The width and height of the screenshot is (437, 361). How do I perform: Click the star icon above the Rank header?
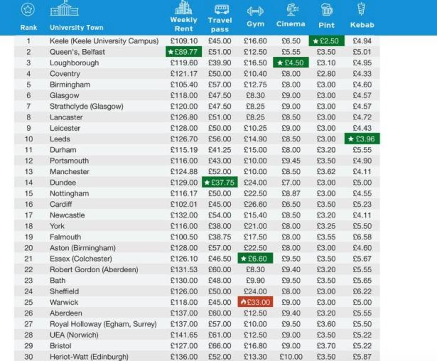tap(28, 9)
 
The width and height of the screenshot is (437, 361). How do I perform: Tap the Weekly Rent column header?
tap(184, 24)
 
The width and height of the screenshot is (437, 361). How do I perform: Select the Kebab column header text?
tap(362, 25)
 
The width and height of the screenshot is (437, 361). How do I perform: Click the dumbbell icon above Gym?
tap(255, 11)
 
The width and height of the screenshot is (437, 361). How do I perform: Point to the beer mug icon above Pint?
tap(326, 10)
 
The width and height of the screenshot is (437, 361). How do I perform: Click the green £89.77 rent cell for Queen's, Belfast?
tap(184, 52)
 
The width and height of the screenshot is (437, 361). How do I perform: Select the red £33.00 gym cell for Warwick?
tap(255, 302)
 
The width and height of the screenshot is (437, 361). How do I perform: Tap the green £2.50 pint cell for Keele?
tap(326, 41)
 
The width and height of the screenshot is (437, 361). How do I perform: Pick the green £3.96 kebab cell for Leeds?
tap(362, 139)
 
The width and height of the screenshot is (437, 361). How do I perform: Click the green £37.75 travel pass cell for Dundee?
tap(220, 183)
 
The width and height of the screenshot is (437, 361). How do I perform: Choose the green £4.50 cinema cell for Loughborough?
tap(291, 63)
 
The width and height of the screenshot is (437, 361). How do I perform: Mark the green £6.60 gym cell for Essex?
tap(255, 259)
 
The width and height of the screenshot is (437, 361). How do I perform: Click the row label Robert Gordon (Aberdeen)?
tap(94, 270)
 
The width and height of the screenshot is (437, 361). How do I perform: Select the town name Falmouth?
tap(65, 237)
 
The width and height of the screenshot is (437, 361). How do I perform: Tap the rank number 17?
tap(28, 215)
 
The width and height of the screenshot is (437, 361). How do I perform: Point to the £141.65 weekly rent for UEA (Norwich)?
tap(184, 335)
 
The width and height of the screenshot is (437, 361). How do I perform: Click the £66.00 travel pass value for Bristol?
tap(220, 346)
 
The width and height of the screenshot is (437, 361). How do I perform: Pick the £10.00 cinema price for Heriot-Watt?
tap(291, 357)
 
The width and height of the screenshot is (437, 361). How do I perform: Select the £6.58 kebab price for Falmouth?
tap(362, 237)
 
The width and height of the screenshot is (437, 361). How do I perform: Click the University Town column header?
tap(76, 27)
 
